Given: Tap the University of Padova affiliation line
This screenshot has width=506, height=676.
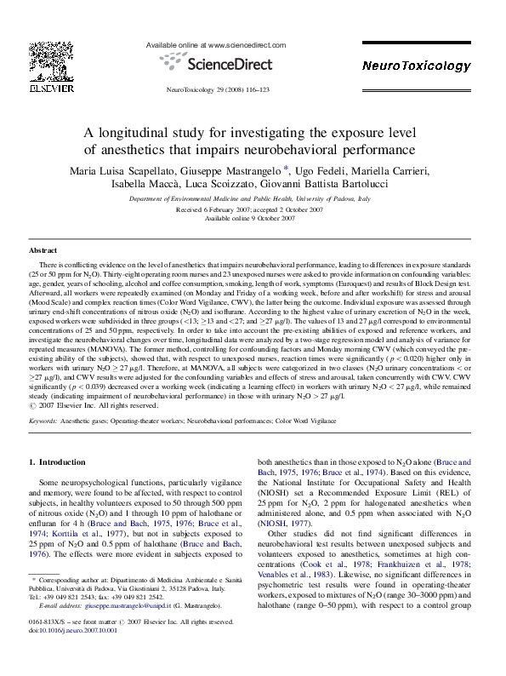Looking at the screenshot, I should click(x=250, y=198).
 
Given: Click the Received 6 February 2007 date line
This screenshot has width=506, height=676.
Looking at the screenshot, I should click(x=249, y=209).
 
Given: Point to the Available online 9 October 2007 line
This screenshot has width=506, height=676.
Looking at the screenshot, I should click(x=250, y=218).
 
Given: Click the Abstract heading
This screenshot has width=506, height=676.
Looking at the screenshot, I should click(x=43, y=252).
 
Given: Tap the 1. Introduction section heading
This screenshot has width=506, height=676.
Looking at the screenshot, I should click(x=57, y=462).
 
